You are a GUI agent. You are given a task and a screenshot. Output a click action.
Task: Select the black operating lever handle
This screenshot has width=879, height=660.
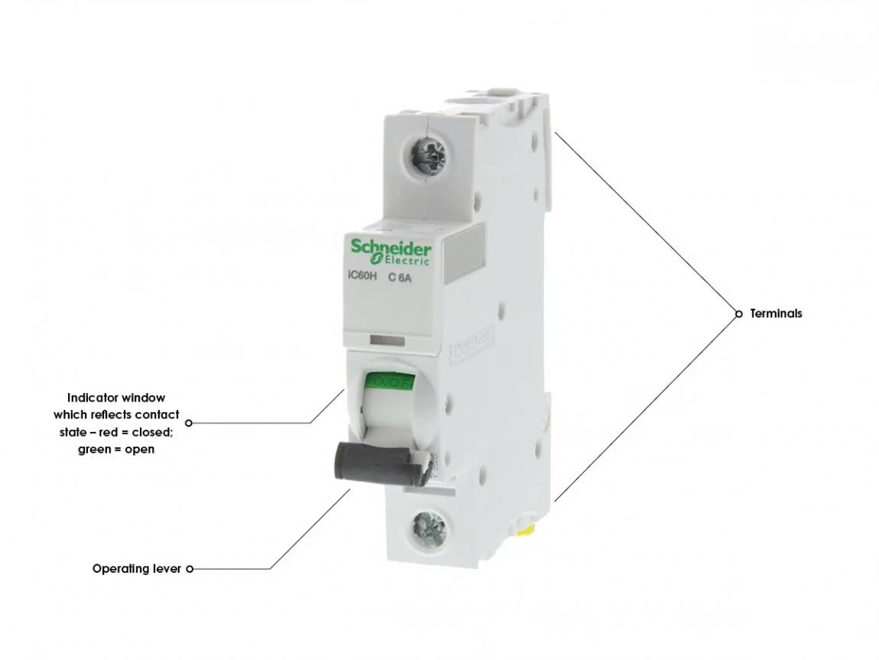375,463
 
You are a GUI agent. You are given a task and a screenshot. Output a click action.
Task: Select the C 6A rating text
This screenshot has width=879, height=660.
401,278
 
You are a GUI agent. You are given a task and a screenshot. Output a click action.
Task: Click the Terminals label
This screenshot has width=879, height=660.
776,314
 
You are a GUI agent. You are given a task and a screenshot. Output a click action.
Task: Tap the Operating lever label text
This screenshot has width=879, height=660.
137,569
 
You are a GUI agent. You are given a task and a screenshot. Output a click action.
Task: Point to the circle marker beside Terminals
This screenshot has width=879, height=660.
738,314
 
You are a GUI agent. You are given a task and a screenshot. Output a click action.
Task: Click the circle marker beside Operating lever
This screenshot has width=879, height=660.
189,569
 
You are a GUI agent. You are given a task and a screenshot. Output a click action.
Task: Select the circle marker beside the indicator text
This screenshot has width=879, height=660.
189,422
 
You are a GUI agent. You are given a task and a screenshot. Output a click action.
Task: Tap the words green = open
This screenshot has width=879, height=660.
116,449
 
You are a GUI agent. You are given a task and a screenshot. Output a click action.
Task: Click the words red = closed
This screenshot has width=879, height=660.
141,432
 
